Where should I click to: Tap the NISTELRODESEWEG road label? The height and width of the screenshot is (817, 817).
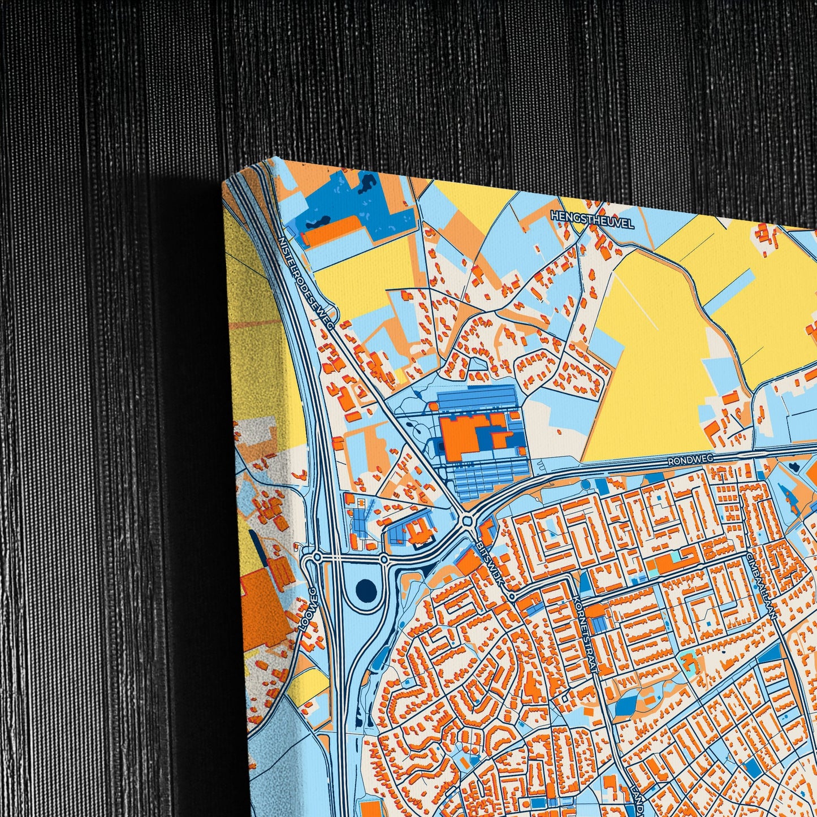(308, 281)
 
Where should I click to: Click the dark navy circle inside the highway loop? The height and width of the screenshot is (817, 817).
(366, 588)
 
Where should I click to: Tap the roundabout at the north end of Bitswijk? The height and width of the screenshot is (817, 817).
(466, 520)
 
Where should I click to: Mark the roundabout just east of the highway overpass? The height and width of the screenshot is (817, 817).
(384, 560)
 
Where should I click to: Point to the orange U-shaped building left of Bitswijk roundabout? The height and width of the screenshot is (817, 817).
(419, 531)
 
